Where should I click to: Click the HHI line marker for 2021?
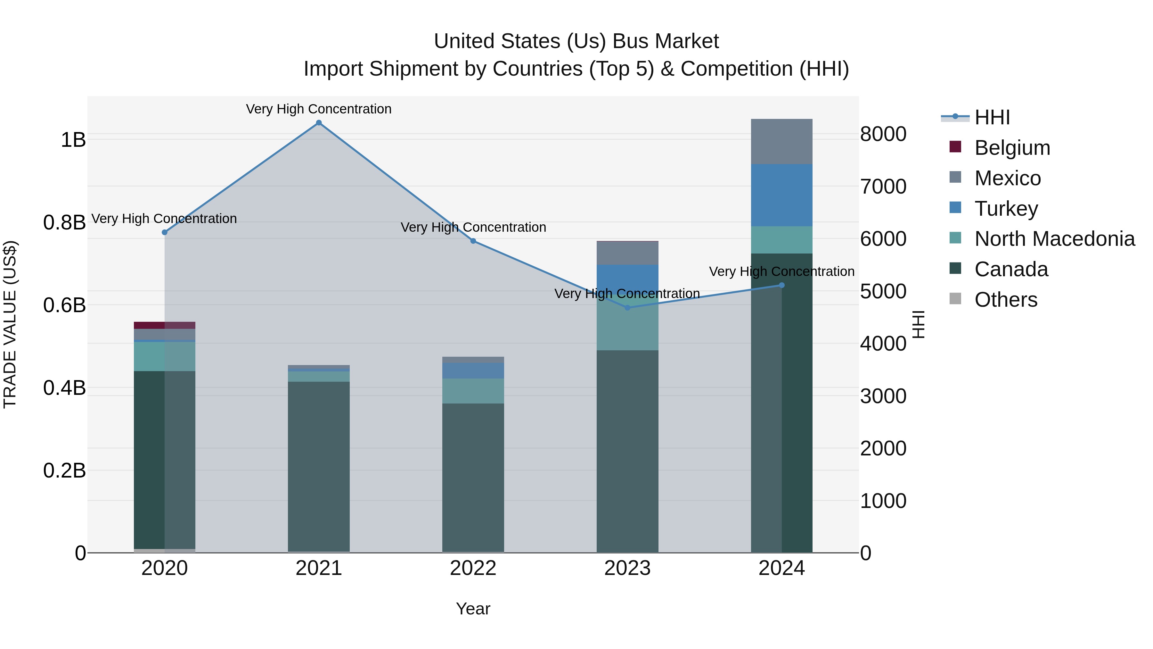pyautogui.click(x=319, y=123)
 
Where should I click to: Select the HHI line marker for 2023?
pyautogui.click(x=627, y=308)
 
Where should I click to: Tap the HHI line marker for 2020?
pyautogui.click(x=164, y=232)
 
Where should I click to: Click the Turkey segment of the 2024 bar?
pyautogui.click(x=781, y=195)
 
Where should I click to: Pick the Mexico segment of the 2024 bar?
pyautogui.click(x=781, y=142)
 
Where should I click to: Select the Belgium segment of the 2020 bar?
pyautogui.click(x=164, y=325)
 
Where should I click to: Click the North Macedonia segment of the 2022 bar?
pyautogui.click(x=473, y=391)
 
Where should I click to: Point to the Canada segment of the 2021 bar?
pyautogui.click(x=319, y=466)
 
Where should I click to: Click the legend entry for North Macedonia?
pyautogui.click(x=1054, y=239)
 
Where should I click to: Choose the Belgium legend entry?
pyautogui.click(x=1012, y=148)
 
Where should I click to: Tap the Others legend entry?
pyautogui.click(x=1005, y=300)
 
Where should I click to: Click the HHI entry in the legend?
pyautogui.click(x=992, y=117)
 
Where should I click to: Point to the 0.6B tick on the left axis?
pyautogui.click(x=64, y=305)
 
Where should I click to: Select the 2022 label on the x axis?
pyautogui.click(x=473, y=568)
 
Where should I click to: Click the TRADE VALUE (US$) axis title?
pyautogui.click(x=10, y=324)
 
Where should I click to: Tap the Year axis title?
pyautogui.click(x=473, y=609)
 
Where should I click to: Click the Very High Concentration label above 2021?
pyautogui.click(x=319, y=109)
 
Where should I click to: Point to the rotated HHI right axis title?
pyautogui.click(x=919, y=324)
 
